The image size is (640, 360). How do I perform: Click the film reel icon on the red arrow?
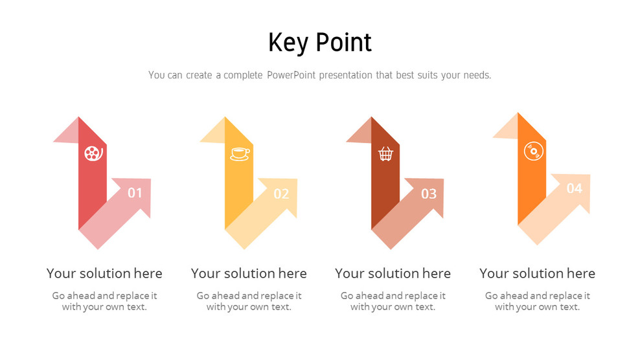pyautogui.click(x=93, y=153)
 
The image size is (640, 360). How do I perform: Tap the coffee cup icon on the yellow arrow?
pyautogui.click(x=240, y=153)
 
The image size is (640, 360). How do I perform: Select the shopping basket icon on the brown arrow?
pyautogui.click(x=385, y=153)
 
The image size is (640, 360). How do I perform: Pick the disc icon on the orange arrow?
pyautogui.click(x=533, y=151)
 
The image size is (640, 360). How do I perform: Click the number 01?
pyautogui.click(x=135, y=192)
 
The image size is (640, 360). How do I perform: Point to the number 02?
pyautogui.click(x=281, y=194)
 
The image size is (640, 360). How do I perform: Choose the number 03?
pyautogui.click(x=429, y=194)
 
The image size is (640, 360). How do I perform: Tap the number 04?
pyautogui.click(x=575, y=188)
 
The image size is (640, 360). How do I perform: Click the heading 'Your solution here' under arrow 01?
pyautogui.click(x=104, y=273)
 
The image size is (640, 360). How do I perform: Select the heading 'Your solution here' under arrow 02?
pyautogui.click(x=249, y=273)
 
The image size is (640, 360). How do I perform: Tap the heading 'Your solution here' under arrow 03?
pyautogui.click(x=393, y=273)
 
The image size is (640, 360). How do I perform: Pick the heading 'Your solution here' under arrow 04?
pyautogui.click(x=537, y=273)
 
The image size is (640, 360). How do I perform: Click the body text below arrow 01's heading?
pyautogui.click(x=104, y=301)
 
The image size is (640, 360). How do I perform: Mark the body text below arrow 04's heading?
pyautogui.click(x=537, y=301)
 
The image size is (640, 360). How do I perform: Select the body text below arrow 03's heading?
pyautogui.click(x=393, y=301)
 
